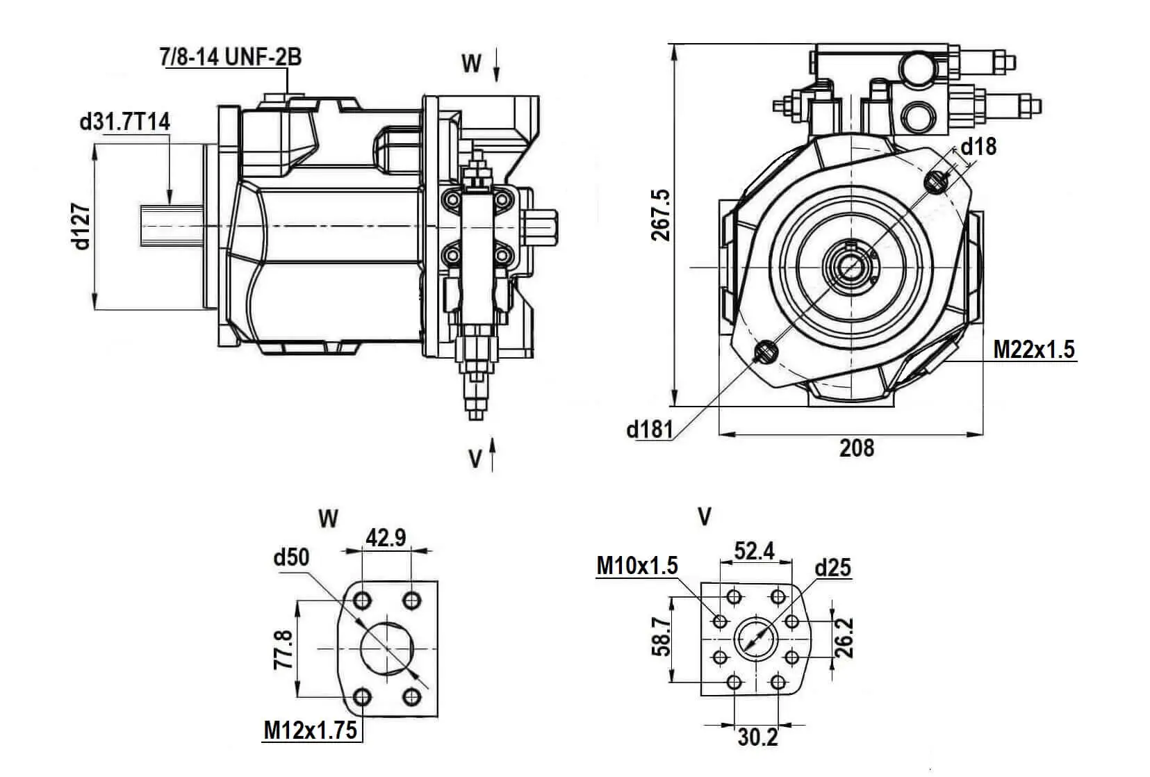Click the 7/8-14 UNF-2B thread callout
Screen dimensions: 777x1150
click(x=231, y=56)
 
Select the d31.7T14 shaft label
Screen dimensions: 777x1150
click(x=125, y=122)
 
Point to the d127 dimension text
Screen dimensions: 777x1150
click(x=82, y=226)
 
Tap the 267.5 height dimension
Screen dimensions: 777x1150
click(x=661, y=215)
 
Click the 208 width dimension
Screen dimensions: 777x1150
click(x=857, y=448)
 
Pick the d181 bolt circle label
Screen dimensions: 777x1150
click(x=650, y=430)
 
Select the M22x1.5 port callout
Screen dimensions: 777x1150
click(x=1034, y=348)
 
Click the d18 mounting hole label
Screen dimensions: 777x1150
click(x=978, y=146)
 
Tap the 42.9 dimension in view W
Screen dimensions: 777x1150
click(x=386, y=537)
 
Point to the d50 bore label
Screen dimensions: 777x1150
click(x=292, y=557)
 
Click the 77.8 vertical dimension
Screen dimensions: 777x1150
click(x=283, y=650)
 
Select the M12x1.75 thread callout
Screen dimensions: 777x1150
click(x=311, y=730)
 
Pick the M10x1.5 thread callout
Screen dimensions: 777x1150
click(x=637, y=566)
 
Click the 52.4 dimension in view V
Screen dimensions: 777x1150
click(x=755, y=551)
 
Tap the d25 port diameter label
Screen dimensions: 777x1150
click(x=832, y=568)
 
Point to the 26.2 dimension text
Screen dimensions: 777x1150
click(x=844, y=638)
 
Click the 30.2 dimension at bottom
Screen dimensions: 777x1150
click(x=757, y=737)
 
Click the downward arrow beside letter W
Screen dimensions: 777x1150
click(x=498, y=65)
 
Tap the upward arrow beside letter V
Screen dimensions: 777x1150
click(x=493, y=455)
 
